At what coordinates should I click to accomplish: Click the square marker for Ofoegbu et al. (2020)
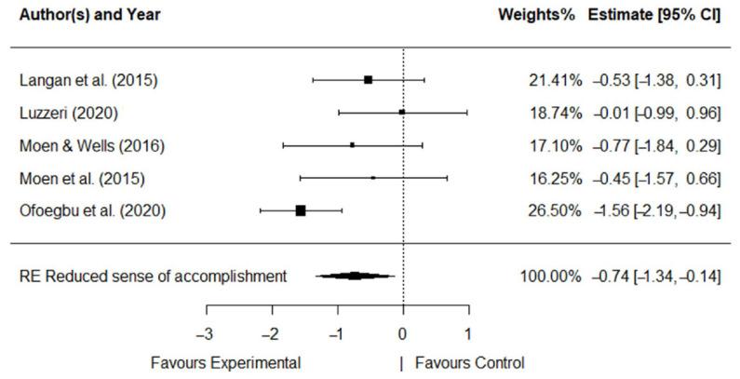tap(301, 210)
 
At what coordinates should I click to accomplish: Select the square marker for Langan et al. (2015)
tap(369, 80)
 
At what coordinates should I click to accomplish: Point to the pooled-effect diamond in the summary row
tap(355, 276)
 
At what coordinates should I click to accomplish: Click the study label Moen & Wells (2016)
tap(84, 145)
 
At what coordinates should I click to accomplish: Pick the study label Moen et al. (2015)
tap(76, 178)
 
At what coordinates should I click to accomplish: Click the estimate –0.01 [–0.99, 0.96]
tap(657, 113)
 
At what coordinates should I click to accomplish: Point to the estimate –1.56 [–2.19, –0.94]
tap(657, 210)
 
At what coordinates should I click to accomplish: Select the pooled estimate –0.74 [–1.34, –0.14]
tap(657, 276)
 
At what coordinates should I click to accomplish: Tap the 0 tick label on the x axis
tap(402, 332)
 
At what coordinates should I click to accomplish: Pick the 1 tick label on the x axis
tap(467, 332)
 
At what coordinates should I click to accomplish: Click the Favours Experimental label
tap(225, 362)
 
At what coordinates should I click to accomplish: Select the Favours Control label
tap(469, 362)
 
